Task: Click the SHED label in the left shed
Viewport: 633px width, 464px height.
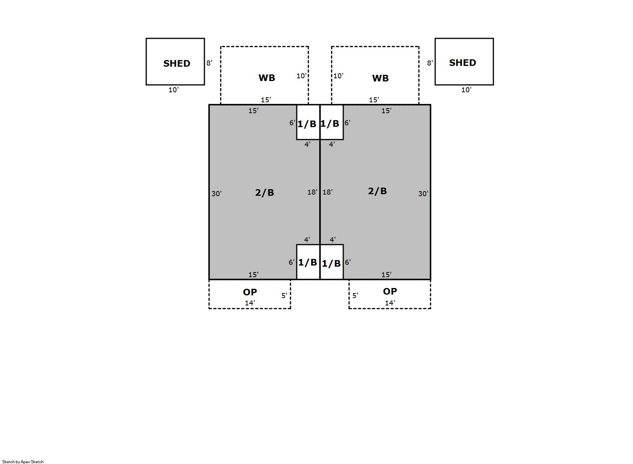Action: [176, 63]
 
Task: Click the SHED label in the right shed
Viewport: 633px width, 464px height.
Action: [463, 62]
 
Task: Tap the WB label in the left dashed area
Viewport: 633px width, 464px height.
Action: [267, 78]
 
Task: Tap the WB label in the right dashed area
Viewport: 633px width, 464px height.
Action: [380, 78]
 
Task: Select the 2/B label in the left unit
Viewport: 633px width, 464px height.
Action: [265, 192]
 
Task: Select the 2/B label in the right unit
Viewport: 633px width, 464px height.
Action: [377, 191]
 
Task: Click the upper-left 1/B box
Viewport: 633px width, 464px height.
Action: [308, 122]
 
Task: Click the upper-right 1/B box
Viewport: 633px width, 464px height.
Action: [332, 122]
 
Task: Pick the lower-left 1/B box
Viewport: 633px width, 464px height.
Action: [308, 262]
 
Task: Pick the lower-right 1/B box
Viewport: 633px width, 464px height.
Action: [332, 262]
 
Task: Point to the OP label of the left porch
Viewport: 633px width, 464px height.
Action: [250, 292]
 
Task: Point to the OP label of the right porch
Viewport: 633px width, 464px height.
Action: [390, 291]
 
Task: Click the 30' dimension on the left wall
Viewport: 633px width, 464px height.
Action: [216, 193]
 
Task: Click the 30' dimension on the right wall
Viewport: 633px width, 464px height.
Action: [423, 193]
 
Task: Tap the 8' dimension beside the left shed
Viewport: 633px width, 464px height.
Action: [209, 63]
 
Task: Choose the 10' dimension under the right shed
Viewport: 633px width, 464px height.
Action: [466, 90]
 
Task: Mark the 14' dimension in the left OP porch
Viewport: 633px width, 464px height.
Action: [250, 303]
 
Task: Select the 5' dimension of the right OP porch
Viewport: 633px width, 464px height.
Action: [355, 295]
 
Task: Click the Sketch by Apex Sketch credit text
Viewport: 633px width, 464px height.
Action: [23, 461]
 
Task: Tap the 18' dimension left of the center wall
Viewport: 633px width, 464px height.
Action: [312, 192]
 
